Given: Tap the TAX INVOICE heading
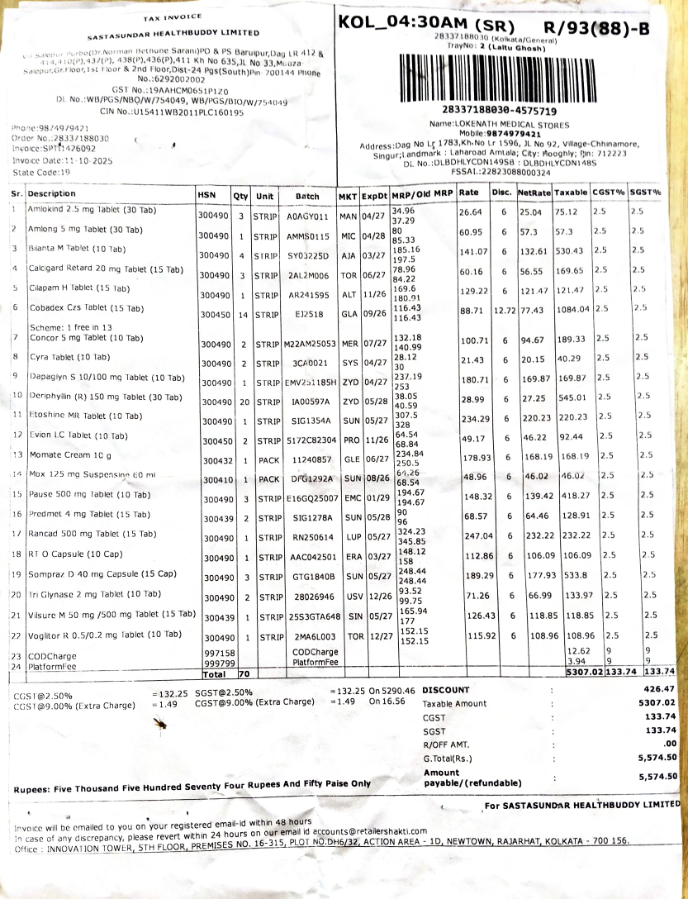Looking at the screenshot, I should coord(173,17).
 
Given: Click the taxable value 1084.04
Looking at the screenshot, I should coord(571,308).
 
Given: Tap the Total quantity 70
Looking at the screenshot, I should coord(244,674).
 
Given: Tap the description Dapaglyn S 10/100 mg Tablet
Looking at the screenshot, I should coord(107,377).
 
